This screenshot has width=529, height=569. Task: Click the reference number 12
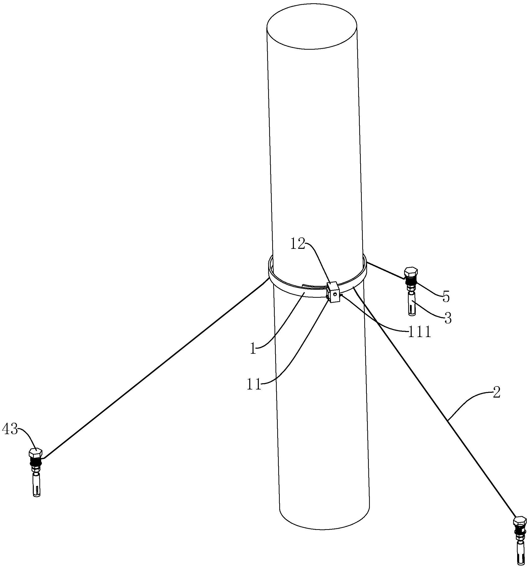coord(298,244)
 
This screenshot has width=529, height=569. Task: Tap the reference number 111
coord(419,333)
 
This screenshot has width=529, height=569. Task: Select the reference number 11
coord(254,384)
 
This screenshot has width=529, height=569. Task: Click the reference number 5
coord(446,297)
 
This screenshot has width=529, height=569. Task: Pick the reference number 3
coord(448,318)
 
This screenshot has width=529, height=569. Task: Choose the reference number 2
coord(496,393)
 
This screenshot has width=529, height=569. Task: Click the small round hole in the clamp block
coord(334,293)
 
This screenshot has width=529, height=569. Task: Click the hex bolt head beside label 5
coord(411,272)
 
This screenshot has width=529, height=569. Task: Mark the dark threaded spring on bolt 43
coord(36,461)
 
